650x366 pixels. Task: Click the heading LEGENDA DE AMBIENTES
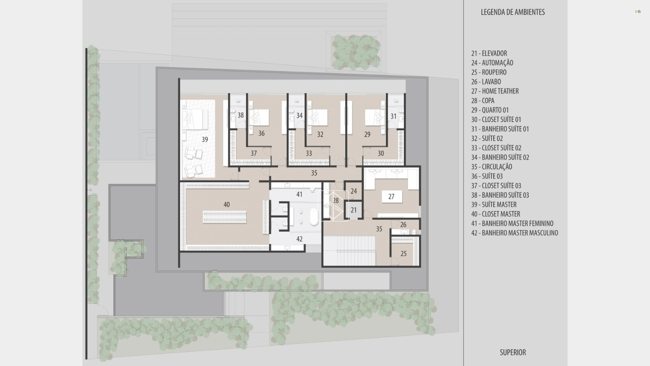tap(513, 12)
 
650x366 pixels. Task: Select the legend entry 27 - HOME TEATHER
tap(495, 91)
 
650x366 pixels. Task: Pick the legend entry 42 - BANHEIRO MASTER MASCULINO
tap(514, 233)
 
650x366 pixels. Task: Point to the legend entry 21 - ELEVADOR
tap(489, 53)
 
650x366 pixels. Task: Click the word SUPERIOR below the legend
tap(513, 352)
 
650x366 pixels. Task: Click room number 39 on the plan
tap(205, 139)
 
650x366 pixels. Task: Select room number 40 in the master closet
tap(227, 205)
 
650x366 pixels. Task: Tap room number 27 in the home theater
tap(392, 197)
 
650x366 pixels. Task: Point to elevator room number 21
tap(353, 210)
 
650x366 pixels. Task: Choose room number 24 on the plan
tap(354, 191)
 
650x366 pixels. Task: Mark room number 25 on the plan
tap(404, 254)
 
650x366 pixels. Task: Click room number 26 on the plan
tap(403, 224)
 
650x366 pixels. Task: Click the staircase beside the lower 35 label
tap(349, 251)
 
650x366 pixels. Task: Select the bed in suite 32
tap(318, 118)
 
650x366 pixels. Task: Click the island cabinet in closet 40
tap(225, 217)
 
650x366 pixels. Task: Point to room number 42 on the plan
tap(299, 239)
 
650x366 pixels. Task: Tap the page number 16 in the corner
tap(638, 12)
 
